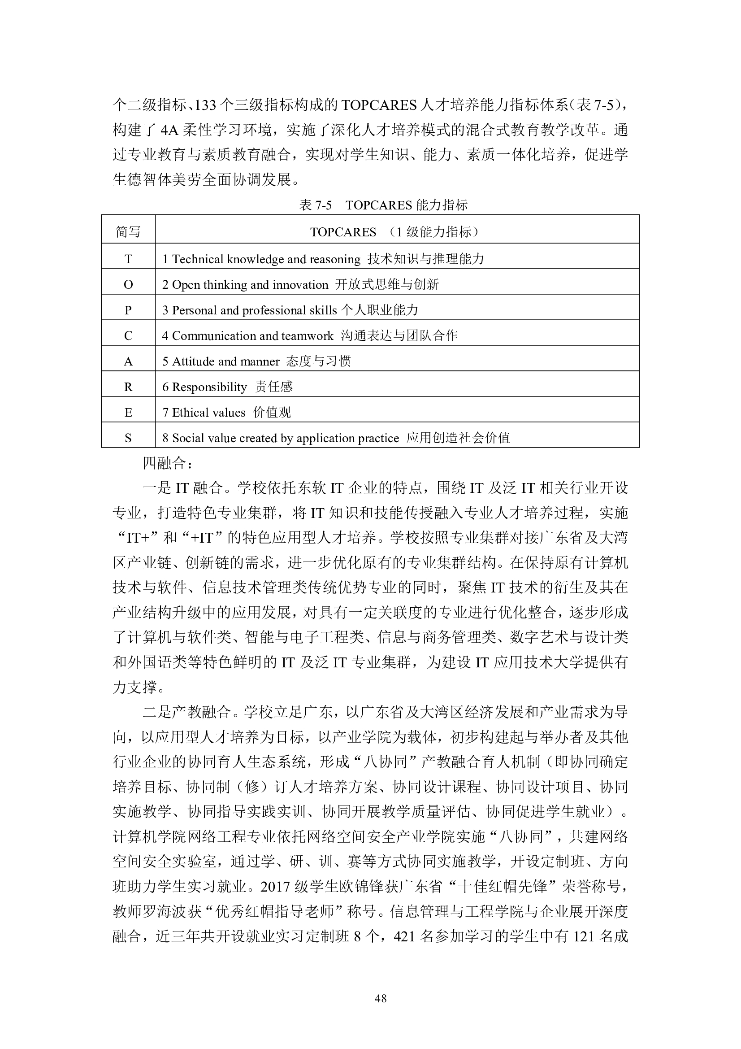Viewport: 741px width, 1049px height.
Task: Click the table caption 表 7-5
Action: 316,205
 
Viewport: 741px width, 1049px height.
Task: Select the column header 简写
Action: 128,232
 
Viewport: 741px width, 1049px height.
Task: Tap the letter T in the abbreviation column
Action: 128,259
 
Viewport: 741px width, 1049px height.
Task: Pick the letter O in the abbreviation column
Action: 128,285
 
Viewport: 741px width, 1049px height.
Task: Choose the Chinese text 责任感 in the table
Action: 273,387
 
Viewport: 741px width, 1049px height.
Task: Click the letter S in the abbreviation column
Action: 128,438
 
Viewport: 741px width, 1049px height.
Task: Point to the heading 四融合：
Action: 168,463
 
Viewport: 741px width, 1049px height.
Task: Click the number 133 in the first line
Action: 205,105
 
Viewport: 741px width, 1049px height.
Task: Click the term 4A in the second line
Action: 169,131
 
